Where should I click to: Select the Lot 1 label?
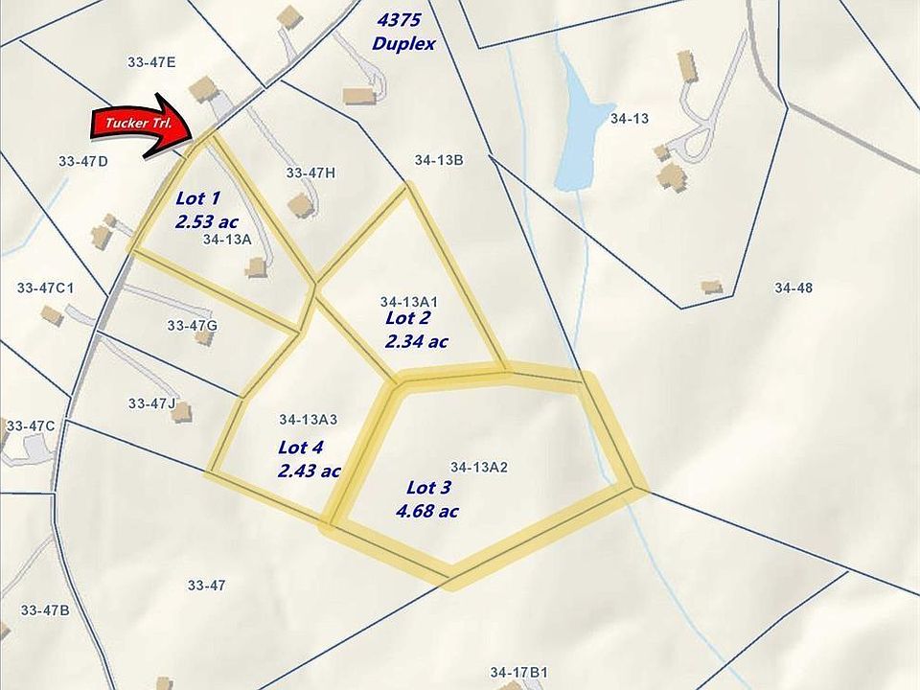(x=198, y=198)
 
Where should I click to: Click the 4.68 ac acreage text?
(x=426, y=511)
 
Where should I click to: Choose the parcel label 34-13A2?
(x=478, y=467)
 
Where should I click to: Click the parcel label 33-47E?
(x=151, y=62)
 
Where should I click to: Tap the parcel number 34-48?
(x=793, y=287)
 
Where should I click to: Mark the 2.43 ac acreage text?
(x=310, y=471)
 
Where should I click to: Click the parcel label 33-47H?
(x=310, y=172)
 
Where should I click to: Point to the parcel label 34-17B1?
(x=517, y=672)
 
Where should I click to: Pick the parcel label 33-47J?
(x=151, y=403)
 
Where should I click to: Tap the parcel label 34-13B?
(x=439, y=160)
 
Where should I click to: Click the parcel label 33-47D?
(x=82, y=161)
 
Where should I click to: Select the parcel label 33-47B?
(x=45, y=609)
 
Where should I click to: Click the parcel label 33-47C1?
(x=46, y=287)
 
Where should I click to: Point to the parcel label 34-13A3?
(x=309, y=420)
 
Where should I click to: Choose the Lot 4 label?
(x=301, y=447)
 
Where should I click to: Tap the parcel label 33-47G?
(x=192, y=326)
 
